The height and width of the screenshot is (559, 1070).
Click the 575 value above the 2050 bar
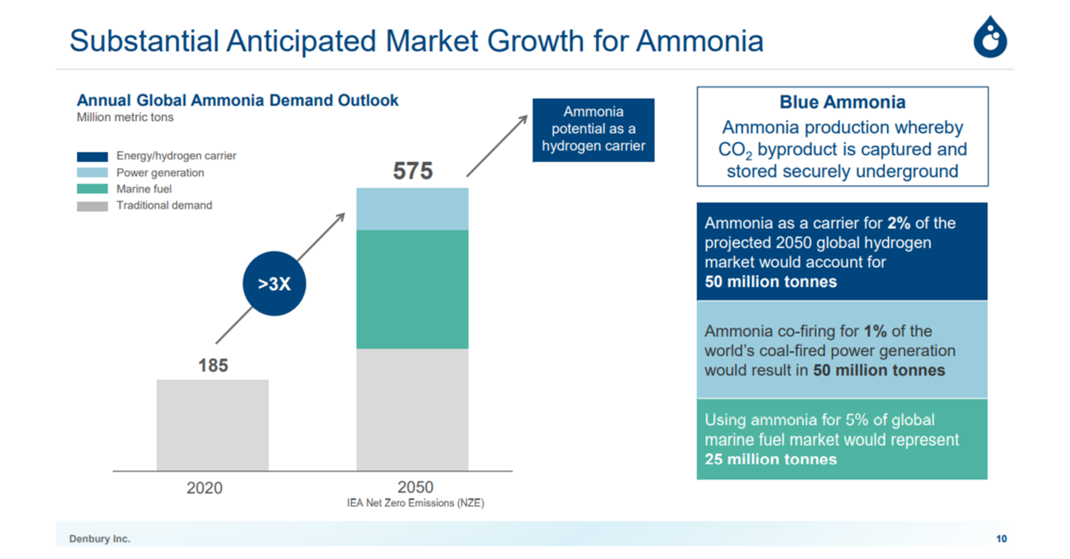click(413, 171)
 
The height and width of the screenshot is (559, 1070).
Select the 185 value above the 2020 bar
click(213, 366)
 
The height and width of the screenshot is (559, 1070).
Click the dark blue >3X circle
click(274, 284)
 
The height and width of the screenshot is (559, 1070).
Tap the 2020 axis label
click(204, 488)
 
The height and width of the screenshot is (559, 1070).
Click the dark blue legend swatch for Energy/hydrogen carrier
click(92, 157)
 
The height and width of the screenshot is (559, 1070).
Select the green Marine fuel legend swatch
click(92, 189)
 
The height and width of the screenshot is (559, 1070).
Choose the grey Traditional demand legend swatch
click(92, 206)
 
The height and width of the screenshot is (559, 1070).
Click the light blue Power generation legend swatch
click(92, 172)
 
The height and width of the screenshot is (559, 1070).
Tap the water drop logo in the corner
click(990, 39)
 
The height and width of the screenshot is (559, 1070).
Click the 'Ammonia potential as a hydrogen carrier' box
click(593, 130)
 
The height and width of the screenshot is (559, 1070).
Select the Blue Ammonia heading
click(842, 102)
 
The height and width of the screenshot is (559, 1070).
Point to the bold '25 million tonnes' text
click(770, 459)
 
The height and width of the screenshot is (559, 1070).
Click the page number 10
click(1001, 539)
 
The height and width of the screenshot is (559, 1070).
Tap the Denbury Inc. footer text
click(100, 539)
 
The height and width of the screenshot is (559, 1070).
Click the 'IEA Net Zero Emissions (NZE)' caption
click(415, 503)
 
